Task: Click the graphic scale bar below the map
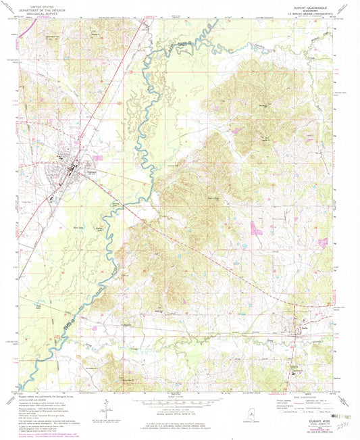click(x=179, y=401)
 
